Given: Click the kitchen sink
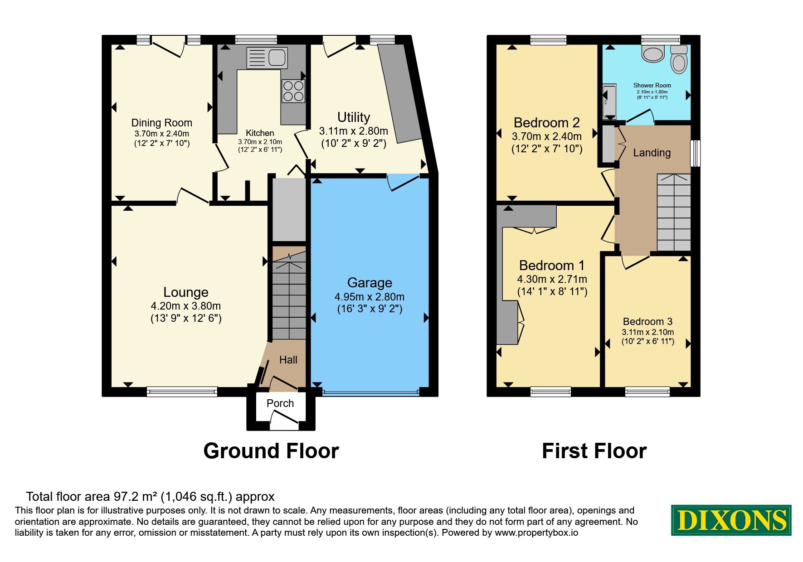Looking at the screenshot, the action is pos(267,58).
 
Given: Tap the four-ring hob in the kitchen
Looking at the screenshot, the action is pos(293,91).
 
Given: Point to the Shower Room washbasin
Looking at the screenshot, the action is pos(653,53).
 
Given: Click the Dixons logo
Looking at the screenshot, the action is pos(731,520).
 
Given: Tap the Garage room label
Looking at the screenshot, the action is pos(370,283).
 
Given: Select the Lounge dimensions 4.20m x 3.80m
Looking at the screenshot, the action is pos(186,306).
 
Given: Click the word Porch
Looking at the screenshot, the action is pos(280,403).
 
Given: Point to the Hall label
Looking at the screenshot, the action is pos(288,360).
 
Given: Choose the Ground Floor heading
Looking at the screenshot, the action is pos(271,451).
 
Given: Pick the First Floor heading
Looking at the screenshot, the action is pos(594,451).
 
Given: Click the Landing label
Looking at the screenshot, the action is pos(652,153).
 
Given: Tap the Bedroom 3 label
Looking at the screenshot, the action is pos(647,321).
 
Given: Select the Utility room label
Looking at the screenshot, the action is pos(354,117).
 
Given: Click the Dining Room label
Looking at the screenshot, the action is pos(162,123).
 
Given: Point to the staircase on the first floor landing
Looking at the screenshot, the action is pos(674,212).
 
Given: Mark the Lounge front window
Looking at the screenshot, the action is pos(182,392).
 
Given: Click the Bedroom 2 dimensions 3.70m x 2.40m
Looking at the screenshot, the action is pos(546,136).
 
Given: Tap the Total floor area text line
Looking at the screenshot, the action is pos(150,497).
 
